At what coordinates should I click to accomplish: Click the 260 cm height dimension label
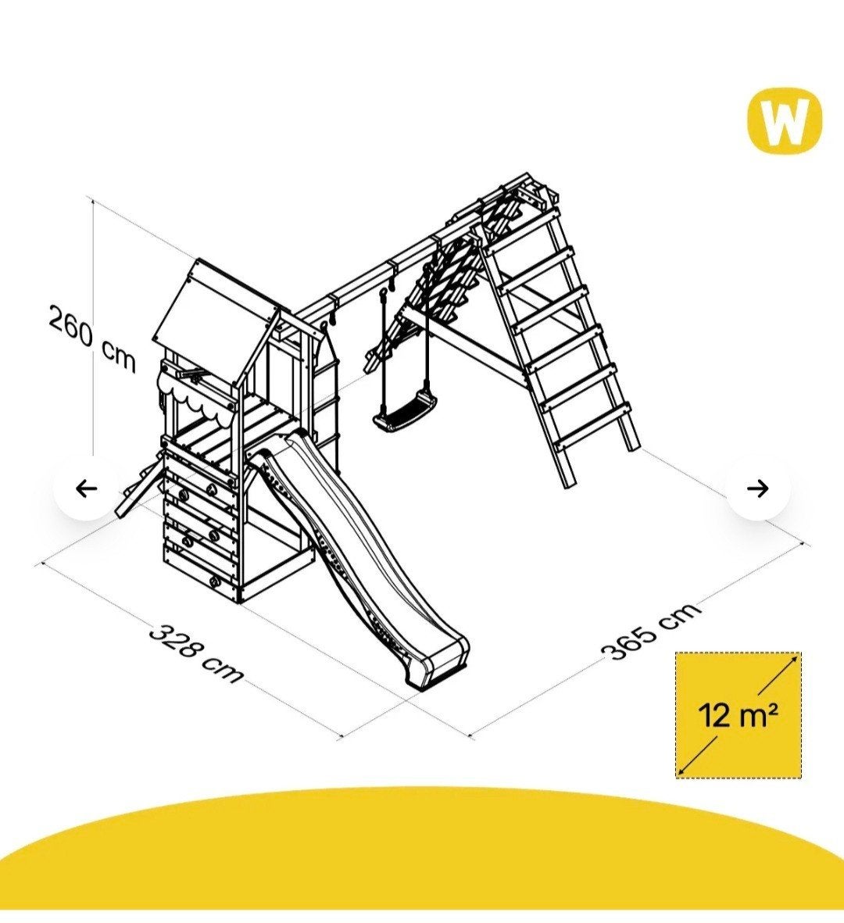[x=91, y=338]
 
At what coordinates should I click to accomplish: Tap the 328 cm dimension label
[x=195, y=653]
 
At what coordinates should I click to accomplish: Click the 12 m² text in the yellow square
[x=738, y=715]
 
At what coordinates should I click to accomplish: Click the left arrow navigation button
[x=87, y=488]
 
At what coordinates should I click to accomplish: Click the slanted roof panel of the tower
[x=215, y=315]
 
